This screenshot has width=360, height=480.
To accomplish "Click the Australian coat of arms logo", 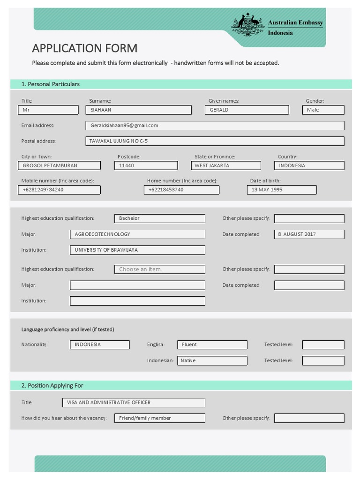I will [x=247, y=25].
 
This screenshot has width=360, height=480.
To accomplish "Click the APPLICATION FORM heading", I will [x=84, y=48].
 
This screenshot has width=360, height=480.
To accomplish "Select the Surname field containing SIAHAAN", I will [x=138, y=110].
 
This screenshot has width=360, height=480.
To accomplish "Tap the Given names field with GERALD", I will [x=247, y=110].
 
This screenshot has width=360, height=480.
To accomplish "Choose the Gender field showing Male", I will [x=323, y=110].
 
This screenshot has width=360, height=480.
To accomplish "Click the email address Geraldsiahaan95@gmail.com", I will [x=214, y=126].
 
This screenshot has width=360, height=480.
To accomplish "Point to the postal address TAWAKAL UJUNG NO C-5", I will [x=214, y=141].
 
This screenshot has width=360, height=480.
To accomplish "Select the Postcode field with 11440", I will [x=146, y=165].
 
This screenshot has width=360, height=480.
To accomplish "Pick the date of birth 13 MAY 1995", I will [x=281, y=190].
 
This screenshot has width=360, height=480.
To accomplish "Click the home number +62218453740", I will [x=181, y=190].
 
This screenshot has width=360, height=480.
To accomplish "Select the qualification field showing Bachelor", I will [x=159, y=218].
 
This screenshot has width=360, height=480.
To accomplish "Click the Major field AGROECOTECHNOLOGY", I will [x=137, y=234].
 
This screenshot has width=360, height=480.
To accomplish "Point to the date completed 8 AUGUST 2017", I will [x=309, y=234].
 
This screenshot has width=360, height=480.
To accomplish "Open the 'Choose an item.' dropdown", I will [x=159, y=270].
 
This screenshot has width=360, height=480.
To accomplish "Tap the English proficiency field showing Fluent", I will [x=212, y=345].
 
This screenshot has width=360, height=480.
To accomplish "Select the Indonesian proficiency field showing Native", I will [x=212, y=360].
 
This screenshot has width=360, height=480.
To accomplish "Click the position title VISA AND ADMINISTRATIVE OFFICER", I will [x=133, y=403].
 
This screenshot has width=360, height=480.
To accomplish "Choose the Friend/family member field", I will [x=159, y=418].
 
